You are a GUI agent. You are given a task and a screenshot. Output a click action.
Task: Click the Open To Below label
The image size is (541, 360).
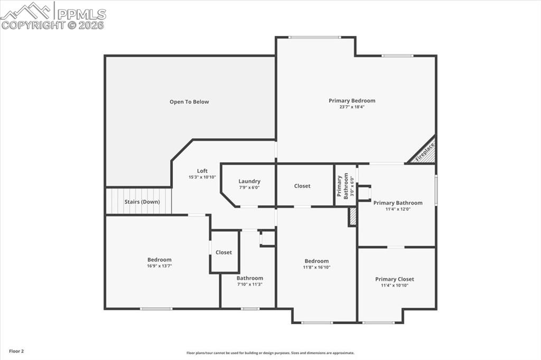point(189,102)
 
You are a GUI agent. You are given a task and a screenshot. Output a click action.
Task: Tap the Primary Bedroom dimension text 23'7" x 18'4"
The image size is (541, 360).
point(352,107)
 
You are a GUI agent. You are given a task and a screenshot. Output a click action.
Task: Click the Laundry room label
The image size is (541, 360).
point(249,181)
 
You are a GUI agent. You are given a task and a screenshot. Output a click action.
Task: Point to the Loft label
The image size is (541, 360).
point(202,170)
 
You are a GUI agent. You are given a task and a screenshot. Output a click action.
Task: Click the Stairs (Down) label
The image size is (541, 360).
point(142,202)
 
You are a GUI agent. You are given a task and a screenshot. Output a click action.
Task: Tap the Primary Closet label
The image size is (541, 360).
point(395,279)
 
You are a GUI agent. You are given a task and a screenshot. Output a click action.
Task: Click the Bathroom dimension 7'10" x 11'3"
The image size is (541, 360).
point(249,285)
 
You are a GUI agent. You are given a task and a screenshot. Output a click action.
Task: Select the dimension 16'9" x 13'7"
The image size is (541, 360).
point(159,266)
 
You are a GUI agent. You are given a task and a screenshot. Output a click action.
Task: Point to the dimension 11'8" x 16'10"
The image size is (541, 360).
point(316,267)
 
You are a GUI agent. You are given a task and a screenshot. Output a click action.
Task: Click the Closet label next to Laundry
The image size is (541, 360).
point(302,186)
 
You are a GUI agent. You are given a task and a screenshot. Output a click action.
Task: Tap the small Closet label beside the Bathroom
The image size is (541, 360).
point(223,252)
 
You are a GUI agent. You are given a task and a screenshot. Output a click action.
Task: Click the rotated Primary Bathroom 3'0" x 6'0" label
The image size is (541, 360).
point(343,186)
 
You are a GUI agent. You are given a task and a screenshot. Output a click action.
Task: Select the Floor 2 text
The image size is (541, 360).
point(16,351)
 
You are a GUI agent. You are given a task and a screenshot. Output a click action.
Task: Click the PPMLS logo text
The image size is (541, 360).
point(81,14)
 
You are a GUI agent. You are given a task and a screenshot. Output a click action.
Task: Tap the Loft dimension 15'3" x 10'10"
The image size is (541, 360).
point(202,177)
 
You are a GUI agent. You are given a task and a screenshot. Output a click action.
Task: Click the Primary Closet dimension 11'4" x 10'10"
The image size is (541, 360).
point(395,286)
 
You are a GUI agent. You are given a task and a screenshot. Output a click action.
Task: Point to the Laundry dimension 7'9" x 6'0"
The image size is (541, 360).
point(249,187)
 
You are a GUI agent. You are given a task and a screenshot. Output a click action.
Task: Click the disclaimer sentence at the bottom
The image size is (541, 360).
point(270,353)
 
